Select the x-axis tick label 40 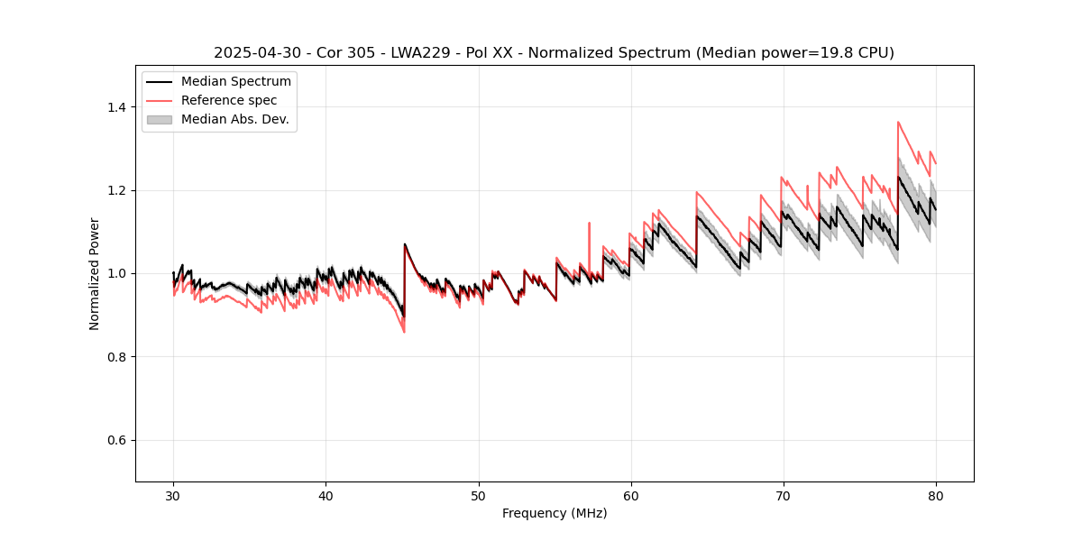(x=326, y=495)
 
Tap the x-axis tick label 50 (x=479, y=495)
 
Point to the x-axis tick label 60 (x=631, y=495)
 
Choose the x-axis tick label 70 (x=784, y=495)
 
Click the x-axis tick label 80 (x=936, y=495)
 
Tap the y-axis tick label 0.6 (x=117, y=440)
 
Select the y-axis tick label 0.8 (x=117, y=357)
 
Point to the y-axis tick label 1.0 (x=117, y=273)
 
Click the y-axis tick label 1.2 (x=117, y=190)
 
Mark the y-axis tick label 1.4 (x=117, y=107)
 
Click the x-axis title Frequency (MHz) (x=555, y=513)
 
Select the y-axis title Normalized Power (x=95, y=273)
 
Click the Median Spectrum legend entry (x=235, y=82)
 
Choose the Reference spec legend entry (x=229, y=101)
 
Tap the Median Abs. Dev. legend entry (x=234, y=120)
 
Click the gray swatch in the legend (x=159, y=120)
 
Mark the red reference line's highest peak (x=898, y=122)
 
